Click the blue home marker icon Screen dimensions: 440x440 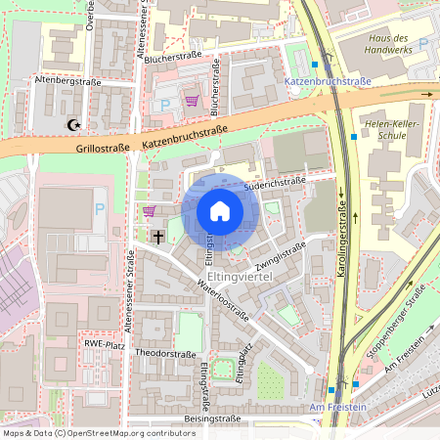pyautogui.click(x=220, y=210)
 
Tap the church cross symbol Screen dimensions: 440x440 pyautogui.click(x=158, y=236)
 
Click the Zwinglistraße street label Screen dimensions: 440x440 pyautogui.click(x=281, y=251)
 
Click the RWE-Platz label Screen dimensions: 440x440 pyautogui.click(x=106, y=343)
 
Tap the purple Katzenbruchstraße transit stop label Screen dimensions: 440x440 pyautogui.click(x=325, y=83)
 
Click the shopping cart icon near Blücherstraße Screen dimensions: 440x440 pyautogui.click(x=192, y=100)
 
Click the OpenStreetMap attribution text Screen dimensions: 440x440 pyautogui.click(x=100, y=432)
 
